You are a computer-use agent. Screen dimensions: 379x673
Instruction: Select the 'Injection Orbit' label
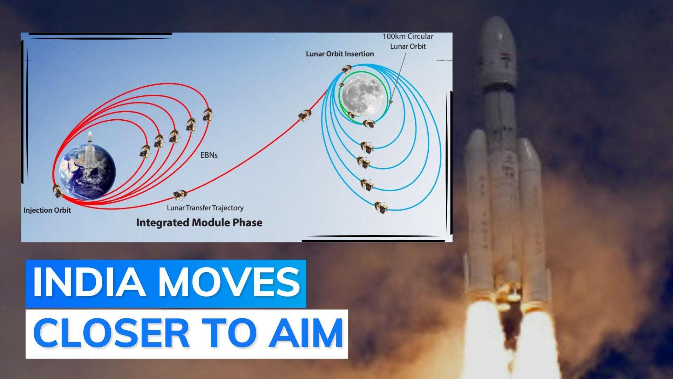47,210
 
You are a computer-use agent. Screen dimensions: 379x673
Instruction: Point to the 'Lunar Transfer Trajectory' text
205,208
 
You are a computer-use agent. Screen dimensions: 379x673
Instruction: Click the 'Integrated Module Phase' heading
199,222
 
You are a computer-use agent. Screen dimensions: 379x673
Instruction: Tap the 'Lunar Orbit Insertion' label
339,54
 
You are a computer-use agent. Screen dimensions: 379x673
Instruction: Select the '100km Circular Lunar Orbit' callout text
408,41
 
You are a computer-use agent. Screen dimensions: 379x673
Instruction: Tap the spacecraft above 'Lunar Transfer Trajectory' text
179,194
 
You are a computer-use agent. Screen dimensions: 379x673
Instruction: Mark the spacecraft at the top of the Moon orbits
347,67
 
